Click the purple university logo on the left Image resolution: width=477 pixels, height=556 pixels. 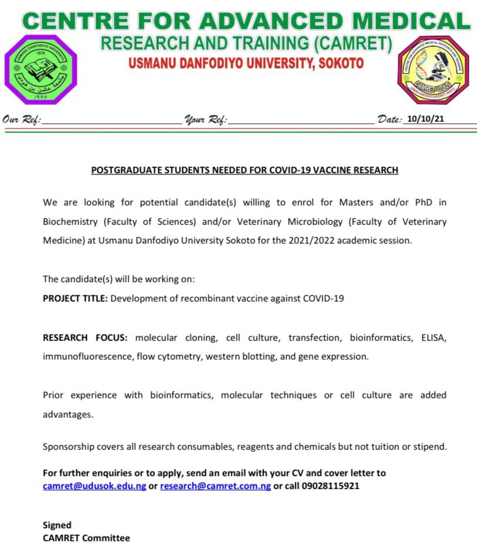tap(40, 70)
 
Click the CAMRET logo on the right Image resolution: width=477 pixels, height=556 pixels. tap(434, 69)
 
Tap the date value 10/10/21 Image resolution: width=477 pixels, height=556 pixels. tap(425, 118)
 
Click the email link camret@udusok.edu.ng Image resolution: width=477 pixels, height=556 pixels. tap(94, 486)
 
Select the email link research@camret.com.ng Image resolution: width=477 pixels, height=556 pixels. tap(215, 486)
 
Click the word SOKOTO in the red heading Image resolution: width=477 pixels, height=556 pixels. tap(340, 63)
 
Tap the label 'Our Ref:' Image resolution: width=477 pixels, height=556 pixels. tap(22, 120)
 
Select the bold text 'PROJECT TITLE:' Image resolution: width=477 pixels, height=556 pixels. tap(75, 298)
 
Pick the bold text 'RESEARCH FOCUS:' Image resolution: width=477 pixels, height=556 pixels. tap(85, 337)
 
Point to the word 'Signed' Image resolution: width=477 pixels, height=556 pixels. tap(57, 525)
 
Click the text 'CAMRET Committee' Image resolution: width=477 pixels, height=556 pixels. tap(86, 538)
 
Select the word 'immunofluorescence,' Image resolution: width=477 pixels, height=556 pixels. tap(83, 356)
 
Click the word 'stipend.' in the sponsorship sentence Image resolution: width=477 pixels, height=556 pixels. tap(430, 446)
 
